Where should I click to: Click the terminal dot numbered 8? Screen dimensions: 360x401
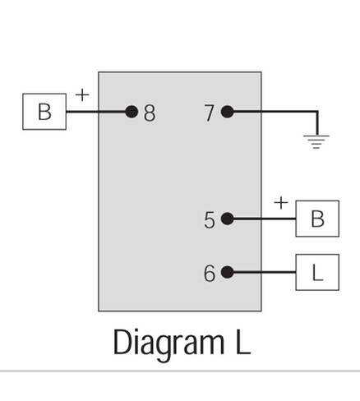pos(132,112)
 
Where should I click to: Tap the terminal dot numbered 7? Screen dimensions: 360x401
pos(228,112)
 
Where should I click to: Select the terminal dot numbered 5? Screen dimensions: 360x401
pos(228,219)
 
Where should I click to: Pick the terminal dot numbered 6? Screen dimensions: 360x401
pos(228,272)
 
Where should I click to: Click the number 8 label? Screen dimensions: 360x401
pos(150,113)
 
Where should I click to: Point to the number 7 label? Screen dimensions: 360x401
pos(210,113)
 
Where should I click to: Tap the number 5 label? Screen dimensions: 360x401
pos(210,220)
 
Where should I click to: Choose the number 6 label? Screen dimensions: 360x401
pos(210,274)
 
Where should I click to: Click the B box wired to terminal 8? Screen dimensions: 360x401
pos(44,112)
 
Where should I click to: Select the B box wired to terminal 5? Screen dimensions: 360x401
pos(317,219)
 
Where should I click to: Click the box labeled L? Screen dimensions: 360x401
pos(317,272)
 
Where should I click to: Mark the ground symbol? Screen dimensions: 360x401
pos(316,141)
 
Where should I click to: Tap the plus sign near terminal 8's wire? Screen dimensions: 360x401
pos(82,95)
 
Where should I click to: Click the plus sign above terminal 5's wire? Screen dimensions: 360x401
pos(281,203)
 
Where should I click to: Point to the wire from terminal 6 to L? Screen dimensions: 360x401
pos(265,272)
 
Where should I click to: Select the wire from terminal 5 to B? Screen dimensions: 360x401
pos(265,219)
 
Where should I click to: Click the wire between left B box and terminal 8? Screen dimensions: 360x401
pos(96,112)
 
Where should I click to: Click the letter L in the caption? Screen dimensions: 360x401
pos(242,342)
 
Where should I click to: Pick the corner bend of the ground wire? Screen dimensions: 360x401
pos(317,112)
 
